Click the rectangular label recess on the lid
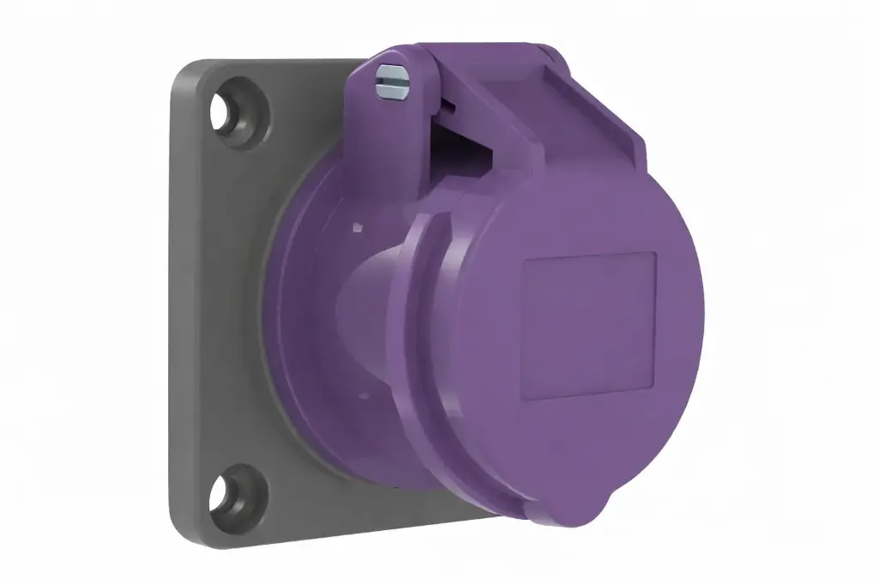pos(589,326)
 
